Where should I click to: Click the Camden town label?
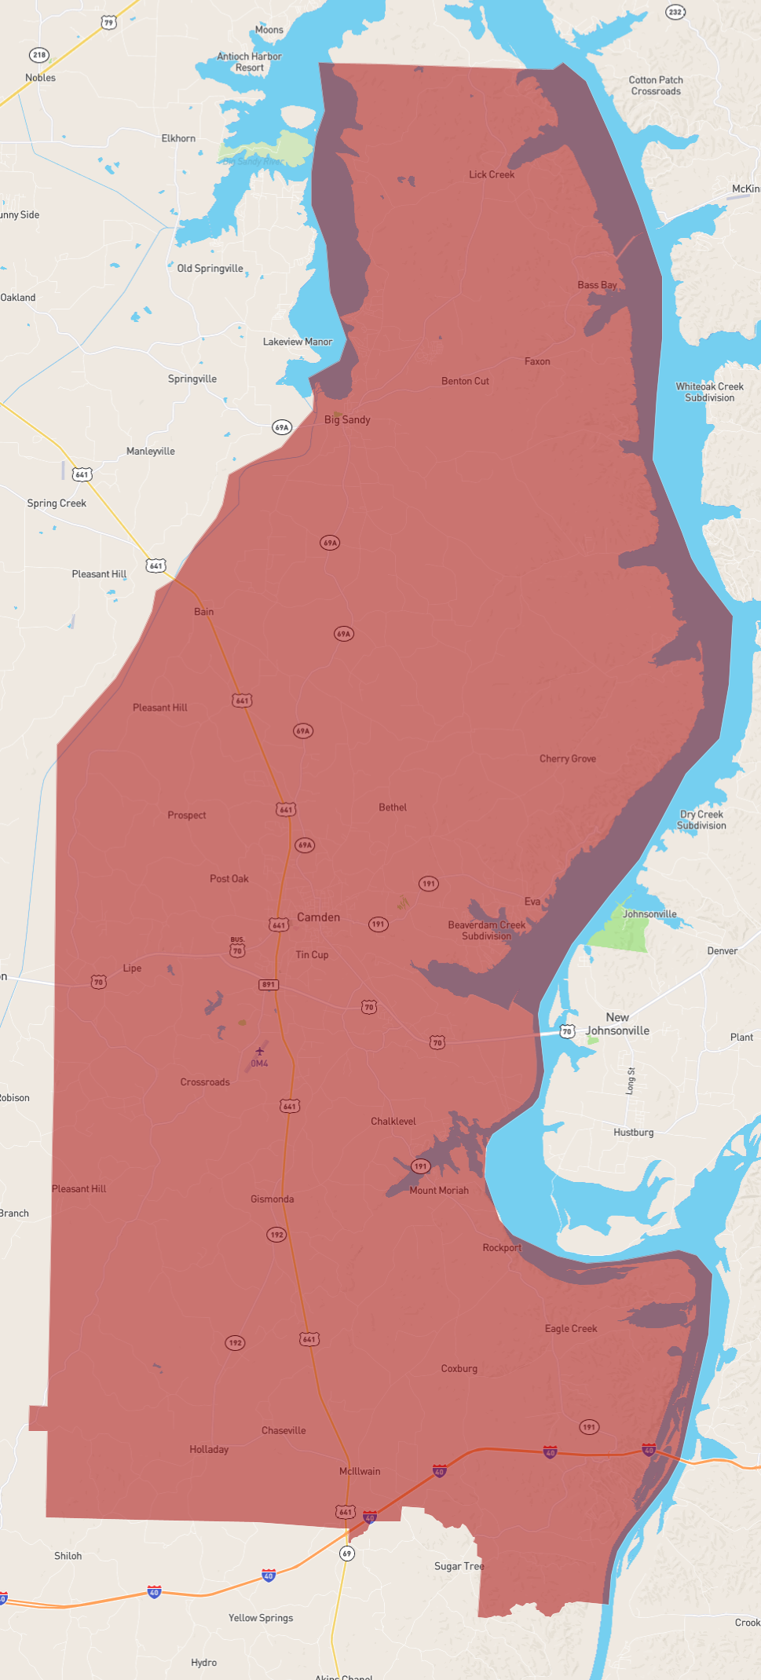[x=318, y=917]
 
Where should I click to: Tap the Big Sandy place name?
[x=347, y=419]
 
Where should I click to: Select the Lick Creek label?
[x=492, y=174]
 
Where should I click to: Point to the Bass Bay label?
[x=597, y=285]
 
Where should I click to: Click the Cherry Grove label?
[x=567, y=759]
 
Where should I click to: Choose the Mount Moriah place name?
[x=438, y=1190]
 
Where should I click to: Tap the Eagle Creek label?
[x=571, y=1328]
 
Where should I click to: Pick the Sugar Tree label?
[x=459, y=1565]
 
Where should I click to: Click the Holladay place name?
[x=209, y=1449]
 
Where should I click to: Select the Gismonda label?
[x=272, y=1199]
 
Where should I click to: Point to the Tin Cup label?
[x=312, y=954]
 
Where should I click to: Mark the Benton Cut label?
[x=465, y=381]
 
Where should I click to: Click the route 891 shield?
[x=269, y=984]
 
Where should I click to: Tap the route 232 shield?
[x=675, y=12]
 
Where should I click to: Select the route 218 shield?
[x=39, y=55]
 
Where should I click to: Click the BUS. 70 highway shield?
[x=237, y=949]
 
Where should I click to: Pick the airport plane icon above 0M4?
[x=260, y=1051]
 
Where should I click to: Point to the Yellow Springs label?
[x=261, y=1617]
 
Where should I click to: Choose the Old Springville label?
[x=210, y=268]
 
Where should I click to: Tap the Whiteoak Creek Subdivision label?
[x=709, y=392]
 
